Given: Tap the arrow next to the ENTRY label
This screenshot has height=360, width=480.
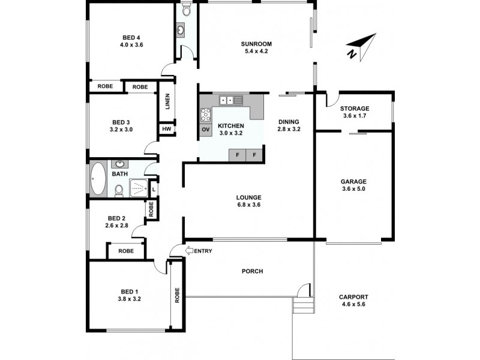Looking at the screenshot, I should point(189,251).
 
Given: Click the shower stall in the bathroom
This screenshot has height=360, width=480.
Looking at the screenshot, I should point(137,188).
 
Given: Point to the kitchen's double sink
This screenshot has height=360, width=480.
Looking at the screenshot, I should point(230,100).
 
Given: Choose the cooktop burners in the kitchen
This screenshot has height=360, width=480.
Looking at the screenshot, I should point(206,114).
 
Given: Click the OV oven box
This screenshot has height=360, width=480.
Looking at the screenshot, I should point(206,130).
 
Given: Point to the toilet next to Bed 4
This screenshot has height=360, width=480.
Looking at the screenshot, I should point(185,10).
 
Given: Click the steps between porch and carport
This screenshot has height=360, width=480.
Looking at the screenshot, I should point(303,306).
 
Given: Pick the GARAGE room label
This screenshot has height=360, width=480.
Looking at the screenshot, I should point(353,181).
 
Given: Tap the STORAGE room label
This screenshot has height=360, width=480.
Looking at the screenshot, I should point(355,109).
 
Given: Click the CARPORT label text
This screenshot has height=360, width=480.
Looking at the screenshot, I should point(353,297).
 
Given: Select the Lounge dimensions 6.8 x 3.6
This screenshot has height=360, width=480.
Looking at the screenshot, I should point(248,205).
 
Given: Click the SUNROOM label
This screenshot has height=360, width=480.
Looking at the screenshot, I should point(257,44).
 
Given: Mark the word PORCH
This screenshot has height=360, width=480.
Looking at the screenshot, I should point(252,271).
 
